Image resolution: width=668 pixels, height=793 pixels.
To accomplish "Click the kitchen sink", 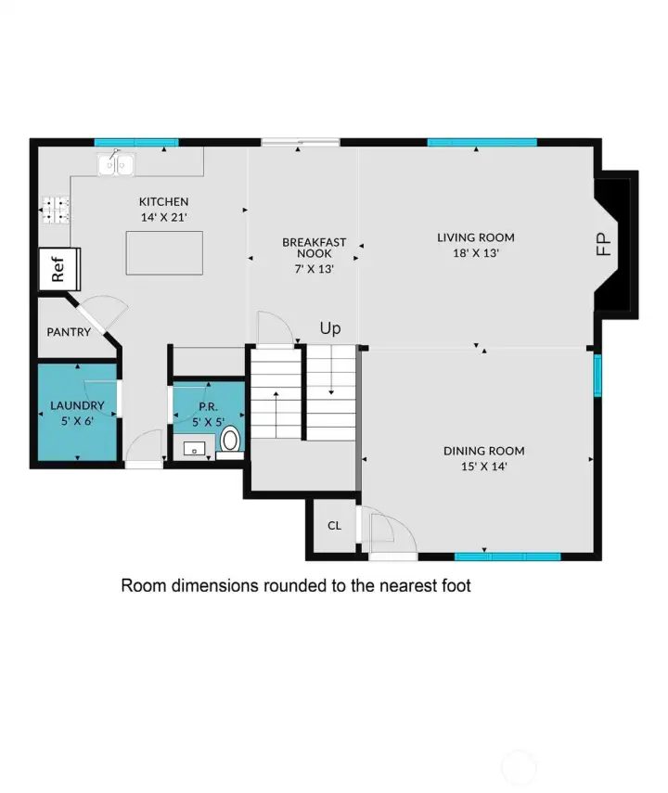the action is click(x=116, y=164).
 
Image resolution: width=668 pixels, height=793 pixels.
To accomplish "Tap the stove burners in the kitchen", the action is click(x=55, y=210).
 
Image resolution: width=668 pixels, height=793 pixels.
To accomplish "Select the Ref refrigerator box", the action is click(x=59, y=269).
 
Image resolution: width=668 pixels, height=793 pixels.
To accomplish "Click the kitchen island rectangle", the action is click(x=164, y=253).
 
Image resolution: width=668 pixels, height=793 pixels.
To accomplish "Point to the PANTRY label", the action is click(x=69, y=332).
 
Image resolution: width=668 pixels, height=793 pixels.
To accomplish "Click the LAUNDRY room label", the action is click(x=77, y=405).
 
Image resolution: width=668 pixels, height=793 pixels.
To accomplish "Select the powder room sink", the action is click(x=194, y=449).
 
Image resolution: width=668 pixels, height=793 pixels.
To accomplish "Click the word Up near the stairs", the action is click(x=330, y=328).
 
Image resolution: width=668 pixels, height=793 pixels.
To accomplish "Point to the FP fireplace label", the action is click(x=604, y=244).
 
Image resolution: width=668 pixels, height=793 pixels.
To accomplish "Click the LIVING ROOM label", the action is click(x=476, y=237).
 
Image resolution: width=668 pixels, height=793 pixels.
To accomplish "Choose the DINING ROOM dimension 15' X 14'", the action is click(x=483, y=467).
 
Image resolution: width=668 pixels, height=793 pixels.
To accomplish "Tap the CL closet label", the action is click(x=335, y=526).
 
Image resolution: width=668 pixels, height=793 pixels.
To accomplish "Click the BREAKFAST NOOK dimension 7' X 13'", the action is click(x=315, y=269).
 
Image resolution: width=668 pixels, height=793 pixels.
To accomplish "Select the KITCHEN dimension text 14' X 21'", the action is click(x=164, y=217).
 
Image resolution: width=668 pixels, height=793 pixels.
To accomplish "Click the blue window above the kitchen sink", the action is click(x=136, y=142).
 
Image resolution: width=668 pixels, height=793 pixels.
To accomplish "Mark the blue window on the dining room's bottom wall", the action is click(x=507, y=556).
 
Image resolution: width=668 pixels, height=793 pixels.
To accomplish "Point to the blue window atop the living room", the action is click(x=482, y=142).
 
